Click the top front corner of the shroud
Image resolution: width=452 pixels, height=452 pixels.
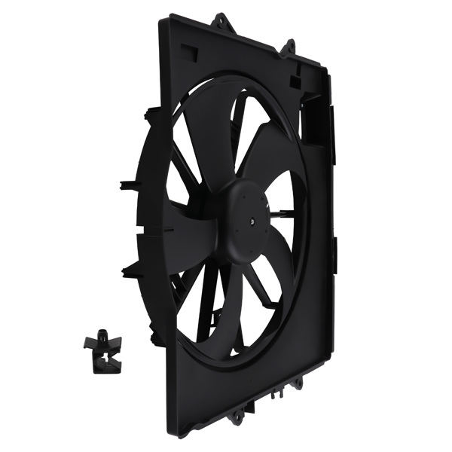[x=162, y=21]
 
